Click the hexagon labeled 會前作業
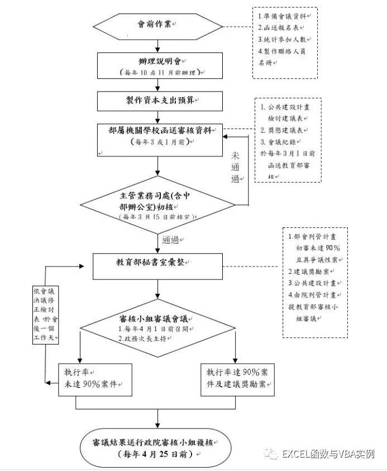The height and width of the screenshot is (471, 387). tap(160, 25)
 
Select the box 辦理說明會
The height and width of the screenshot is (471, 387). tap(160, 65)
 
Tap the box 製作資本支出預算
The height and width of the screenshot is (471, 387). tap(160, 101)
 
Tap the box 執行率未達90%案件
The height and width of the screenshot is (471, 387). tap(95, 379)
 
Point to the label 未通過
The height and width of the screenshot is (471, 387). tap(236, 165)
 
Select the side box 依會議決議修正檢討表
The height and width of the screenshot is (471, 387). tap(44, 316)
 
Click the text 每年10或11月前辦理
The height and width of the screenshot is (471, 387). tap(160, 73)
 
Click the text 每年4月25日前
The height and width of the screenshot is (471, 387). tap(159, 454)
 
